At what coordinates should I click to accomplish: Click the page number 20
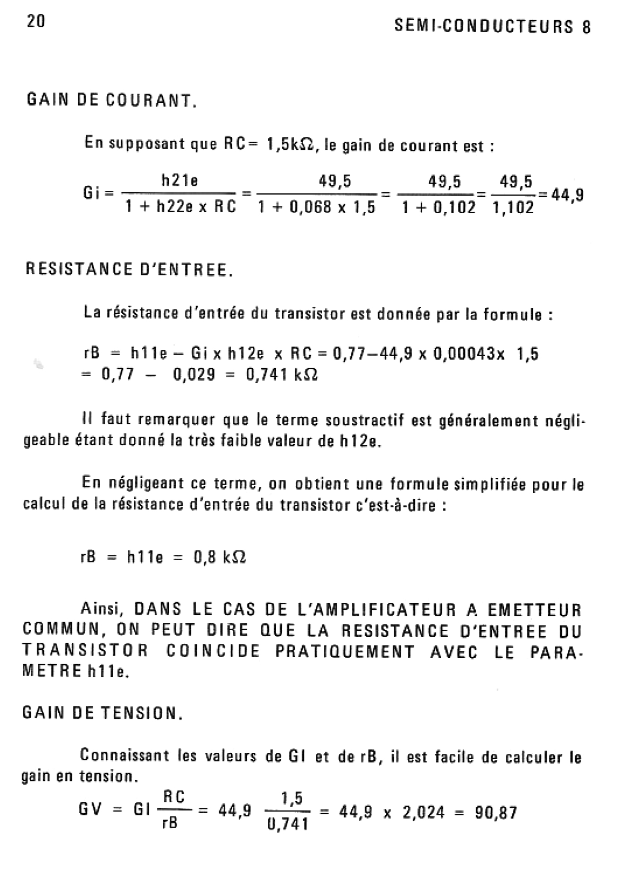coord(35,22)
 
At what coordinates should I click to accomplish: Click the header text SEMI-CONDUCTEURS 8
coord(493,27)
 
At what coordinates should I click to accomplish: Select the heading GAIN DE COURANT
coord(112,100)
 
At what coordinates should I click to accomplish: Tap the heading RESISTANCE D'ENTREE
coord(129,270)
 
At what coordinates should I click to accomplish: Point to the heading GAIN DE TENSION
coord(103,713)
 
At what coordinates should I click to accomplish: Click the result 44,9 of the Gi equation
coord(568,195)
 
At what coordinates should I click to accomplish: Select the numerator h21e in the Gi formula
coord(179,181)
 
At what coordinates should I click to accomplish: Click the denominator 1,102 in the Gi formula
coord(513,208)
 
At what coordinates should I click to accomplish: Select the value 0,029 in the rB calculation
coord(194,375)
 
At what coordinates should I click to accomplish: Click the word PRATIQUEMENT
coord(344,652)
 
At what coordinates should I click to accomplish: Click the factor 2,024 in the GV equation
coord(423,813)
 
